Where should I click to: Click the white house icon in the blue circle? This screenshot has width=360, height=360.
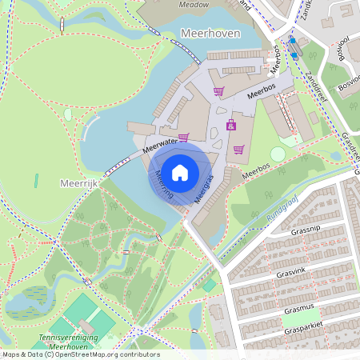180,172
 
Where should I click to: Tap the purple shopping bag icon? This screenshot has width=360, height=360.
230,125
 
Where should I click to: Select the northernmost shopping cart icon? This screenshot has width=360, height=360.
218,90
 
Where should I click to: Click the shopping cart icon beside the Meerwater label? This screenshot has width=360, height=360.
183,137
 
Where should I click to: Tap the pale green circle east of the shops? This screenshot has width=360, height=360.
278,154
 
